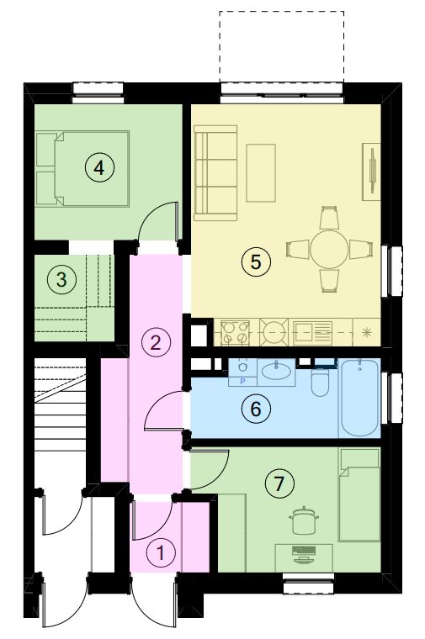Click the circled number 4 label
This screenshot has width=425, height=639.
[x=99, y=167]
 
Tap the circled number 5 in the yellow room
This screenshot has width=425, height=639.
[x=256, y=261]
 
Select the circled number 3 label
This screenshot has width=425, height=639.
[x=61, y=279]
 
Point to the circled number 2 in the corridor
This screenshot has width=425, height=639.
[x=156, y=342]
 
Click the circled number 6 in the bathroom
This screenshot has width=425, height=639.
[x=256, y=409]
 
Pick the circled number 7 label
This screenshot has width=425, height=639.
[x=279, y=483]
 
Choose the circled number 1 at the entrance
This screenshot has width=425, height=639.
[x=161, y=552]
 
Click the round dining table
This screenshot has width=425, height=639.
[x=329, y=250]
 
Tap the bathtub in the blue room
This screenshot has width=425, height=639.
[x=359, y=397]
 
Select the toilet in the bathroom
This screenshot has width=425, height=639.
[x=320, y=382]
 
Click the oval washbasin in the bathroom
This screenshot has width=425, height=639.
[x=276, y=371]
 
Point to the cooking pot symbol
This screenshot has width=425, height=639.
[x=304, y=520]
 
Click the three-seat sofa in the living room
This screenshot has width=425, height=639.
[x=215, y=173]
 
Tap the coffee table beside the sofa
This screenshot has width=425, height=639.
[x=261, y=173]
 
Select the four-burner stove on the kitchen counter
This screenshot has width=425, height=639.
[x=235, y=333]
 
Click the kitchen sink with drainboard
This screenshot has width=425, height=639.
[x=313, y=333]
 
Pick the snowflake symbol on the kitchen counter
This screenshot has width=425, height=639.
[x=367, y=332]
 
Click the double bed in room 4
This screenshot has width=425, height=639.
[x=82, y=169]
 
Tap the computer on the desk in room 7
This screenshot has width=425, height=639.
[x=304, y=554]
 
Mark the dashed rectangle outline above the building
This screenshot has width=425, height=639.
[x=282, y=12]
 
